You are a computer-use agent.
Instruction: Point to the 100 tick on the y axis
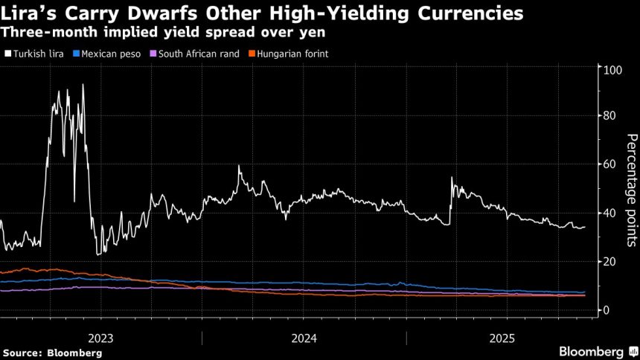[x=612, y=70]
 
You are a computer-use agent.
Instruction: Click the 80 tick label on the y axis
[x=610, y=115]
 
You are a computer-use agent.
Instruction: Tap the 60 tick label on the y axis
[x=610, y=164]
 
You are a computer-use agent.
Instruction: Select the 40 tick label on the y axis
[x=610, y=213]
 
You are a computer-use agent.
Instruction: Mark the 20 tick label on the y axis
[x=610, y=262]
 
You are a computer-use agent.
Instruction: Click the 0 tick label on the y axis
[x=607, y=310]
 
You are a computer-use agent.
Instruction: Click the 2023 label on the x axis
[x=100, y=338]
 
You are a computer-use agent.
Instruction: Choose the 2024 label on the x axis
[x=304, y=338]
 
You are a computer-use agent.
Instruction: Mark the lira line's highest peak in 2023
[x=83, y=85]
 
